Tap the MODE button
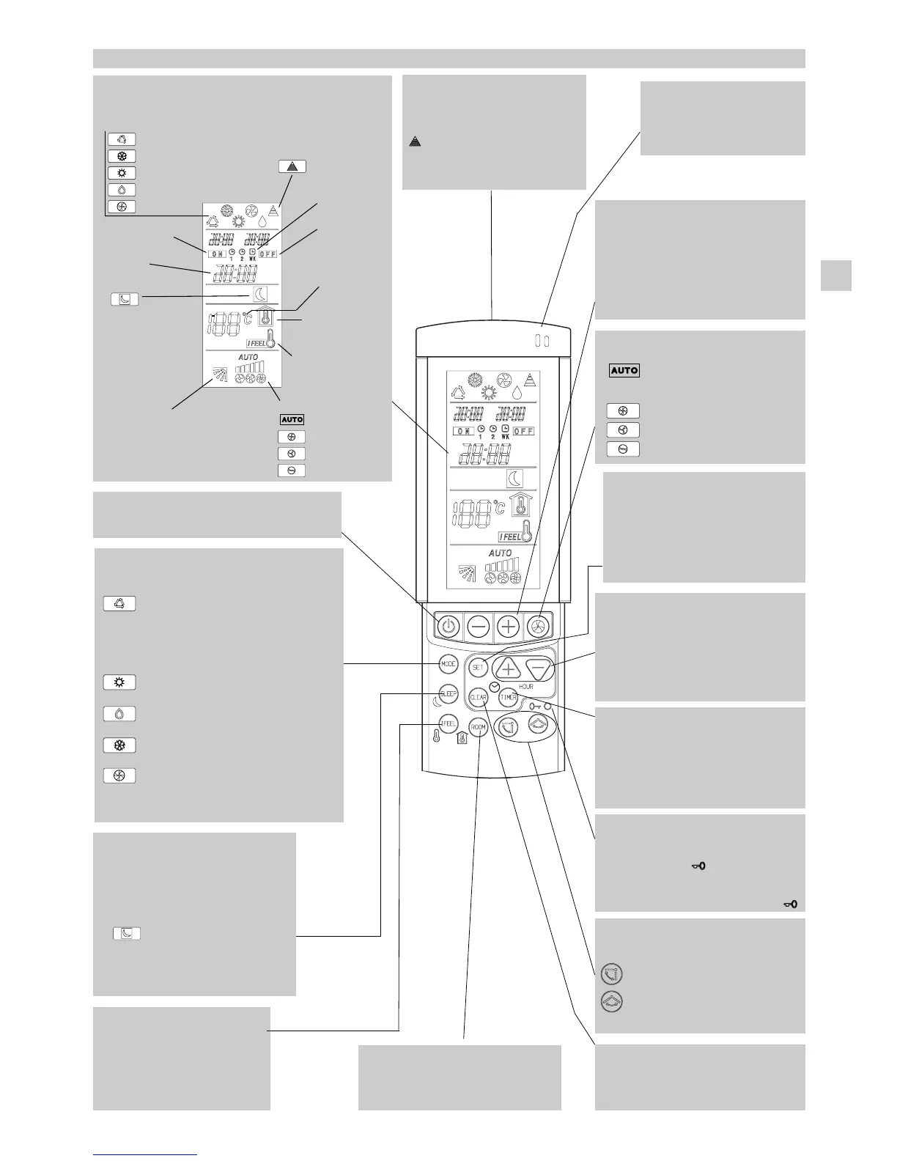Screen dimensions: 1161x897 [x=448, y=664]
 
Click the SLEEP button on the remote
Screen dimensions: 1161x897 [x=448, y=693]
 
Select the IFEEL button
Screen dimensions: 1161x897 [x=448, y=723]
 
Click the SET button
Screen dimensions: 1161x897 [x=478, y=668]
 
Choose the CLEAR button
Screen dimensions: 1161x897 [x=478, y=698]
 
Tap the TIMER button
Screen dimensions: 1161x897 [x=509, y=698]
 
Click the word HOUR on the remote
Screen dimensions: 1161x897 [x=526, y=687]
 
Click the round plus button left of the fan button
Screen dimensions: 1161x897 [x=509, y=627]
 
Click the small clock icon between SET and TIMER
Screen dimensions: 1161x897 [x=494, y=686]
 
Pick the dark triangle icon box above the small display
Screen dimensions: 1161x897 [x=292, y=166]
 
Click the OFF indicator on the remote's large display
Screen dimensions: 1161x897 [x=523, y=431]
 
